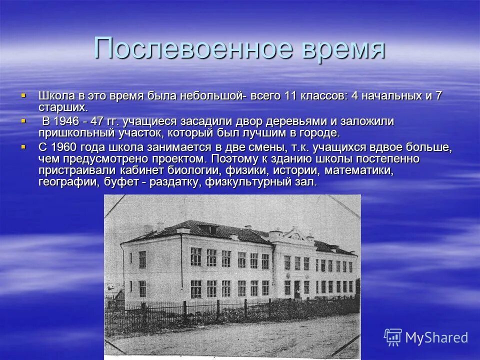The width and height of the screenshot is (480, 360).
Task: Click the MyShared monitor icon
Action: (393, 337)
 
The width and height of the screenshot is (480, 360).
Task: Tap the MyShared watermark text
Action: (436, 337)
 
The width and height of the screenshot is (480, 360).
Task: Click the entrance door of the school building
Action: (297, 289)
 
